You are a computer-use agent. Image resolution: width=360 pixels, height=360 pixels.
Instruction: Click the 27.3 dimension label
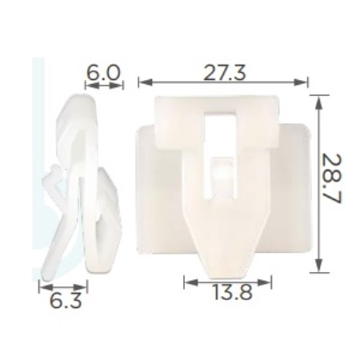pos(224,73)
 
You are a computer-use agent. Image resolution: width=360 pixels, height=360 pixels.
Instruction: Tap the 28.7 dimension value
pos(331,178)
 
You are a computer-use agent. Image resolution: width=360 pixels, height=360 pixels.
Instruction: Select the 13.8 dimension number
pos(232,292)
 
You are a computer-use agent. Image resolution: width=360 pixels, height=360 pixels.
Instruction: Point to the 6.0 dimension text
pos(103,73)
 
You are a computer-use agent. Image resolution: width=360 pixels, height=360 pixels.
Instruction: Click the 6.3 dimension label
pos(66,301)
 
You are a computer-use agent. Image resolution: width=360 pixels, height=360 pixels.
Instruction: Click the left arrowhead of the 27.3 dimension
pos(145,82)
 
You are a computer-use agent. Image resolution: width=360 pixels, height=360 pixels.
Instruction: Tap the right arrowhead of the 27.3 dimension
pos(301,82)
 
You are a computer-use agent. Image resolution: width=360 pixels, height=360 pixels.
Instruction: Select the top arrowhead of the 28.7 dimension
pos(318,102)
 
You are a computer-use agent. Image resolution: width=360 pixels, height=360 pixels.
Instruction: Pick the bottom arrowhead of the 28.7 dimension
pos(318,265)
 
